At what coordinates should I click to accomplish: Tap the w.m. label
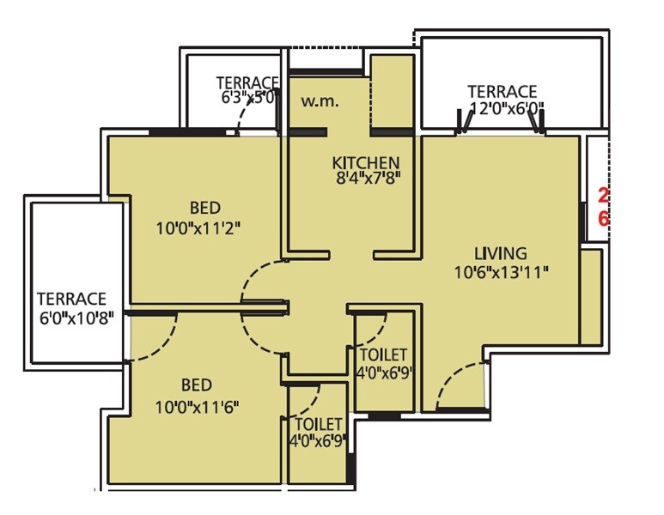pos(320,101)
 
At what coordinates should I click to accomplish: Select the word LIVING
pos(501,253)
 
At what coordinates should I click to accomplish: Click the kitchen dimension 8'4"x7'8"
pos(367,180)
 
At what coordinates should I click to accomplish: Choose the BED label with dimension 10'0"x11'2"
pos(205,209)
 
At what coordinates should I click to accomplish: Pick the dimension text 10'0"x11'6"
pos(197,405)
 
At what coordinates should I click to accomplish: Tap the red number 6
pos(603,219)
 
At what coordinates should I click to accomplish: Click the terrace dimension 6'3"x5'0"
pos(247,98)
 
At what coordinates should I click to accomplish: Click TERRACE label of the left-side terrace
pos(71,299)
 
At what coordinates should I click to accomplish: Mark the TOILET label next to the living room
pos(384,355)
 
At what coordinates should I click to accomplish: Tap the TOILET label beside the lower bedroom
pos(319,425)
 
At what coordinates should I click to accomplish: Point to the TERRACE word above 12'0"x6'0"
pos(502,91)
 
